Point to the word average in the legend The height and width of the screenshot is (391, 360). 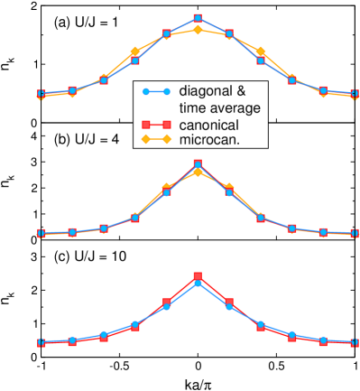click(234, 107)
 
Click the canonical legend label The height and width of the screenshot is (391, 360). click(211, 125)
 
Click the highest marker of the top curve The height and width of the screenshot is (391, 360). click(198, 18)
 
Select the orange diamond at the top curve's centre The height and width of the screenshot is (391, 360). click(198, 30)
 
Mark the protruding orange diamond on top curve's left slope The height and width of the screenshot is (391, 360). click(135, 51)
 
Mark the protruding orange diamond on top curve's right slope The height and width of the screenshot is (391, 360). click(261, 51)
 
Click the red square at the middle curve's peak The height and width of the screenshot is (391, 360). click(198, 163)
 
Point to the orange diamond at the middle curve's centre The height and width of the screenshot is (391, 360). click(198, 172)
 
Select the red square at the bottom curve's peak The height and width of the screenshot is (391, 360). click(198, 276)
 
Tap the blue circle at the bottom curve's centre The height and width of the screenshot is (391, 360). click(198, 284)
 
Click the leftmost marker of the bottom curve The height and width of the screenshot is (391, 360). click(41, 343)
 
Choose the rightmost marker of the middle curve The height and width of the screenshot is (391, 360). click(355, 233)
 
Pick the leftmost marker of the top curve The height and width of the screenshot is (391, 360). click(41, 94)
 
